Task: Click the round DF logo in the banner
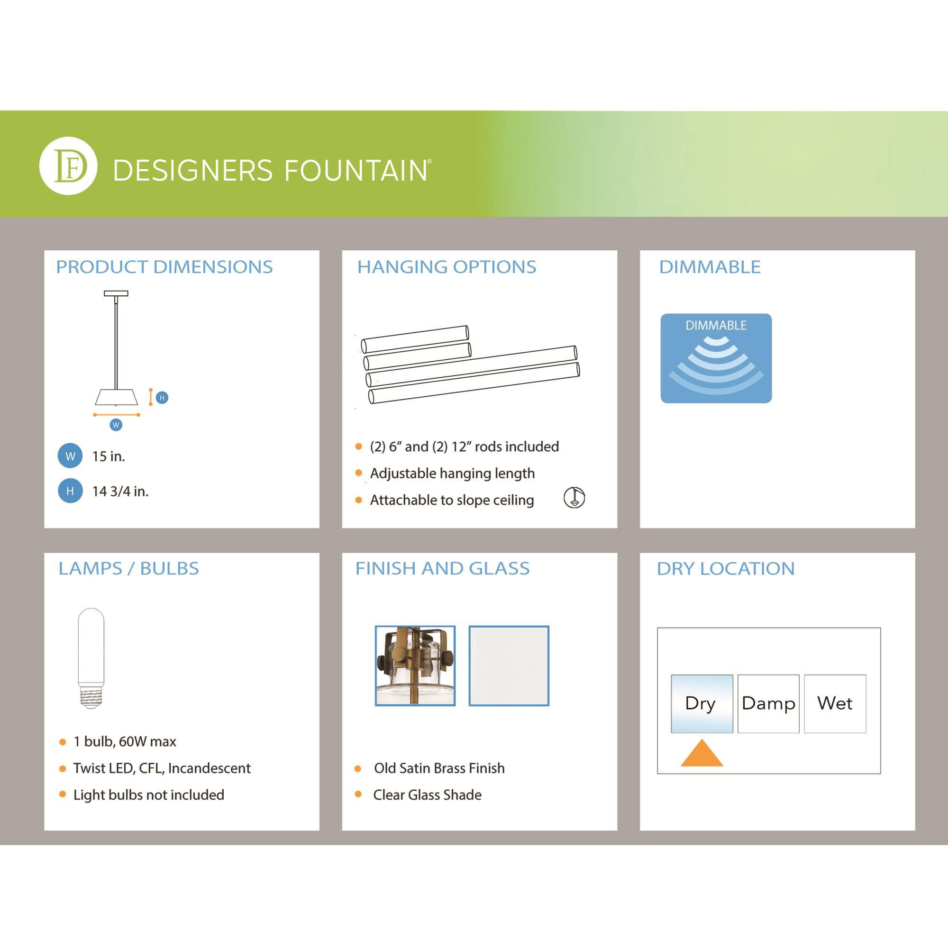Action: [x=68, y=166]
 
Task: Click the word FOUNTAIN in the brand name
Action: [x=356, y=170]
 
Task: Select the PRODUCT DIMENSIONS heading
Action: [x=164, y=267]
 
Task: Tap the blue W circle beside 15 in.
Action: [x=70, y=456]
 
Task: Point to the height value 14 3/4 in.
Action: [x=120, y=491]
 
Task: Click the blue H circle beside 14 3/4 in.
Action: [x=70, y=491]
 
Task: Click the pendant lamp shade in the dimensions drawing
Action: [x=116, y=397]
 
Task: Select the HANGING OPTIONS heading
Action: [x=447, y=267]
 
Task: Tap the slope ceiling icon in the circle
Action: [x=574, y=498]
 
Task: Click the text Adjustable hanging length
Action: [x=452, y=474]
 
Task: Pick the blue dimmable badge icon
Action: [x=716, y=358]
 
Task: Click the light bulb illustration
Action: [x=91, y=658]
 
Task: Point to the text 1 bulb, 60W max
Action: [x=125, y=741]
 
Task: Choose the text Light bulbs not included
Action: [x=149, y=795]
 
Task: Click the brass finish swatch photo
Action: [x=415, y=666]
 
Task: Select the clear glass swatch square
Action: [x=509, y=666]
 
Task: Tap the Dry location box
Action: [x=702, y=703]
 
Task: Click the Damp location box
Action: [x=768, y=703]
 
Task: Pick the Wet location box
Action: [x=835, y=703]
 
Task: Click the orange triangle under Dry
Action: [x=702, y=753]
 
